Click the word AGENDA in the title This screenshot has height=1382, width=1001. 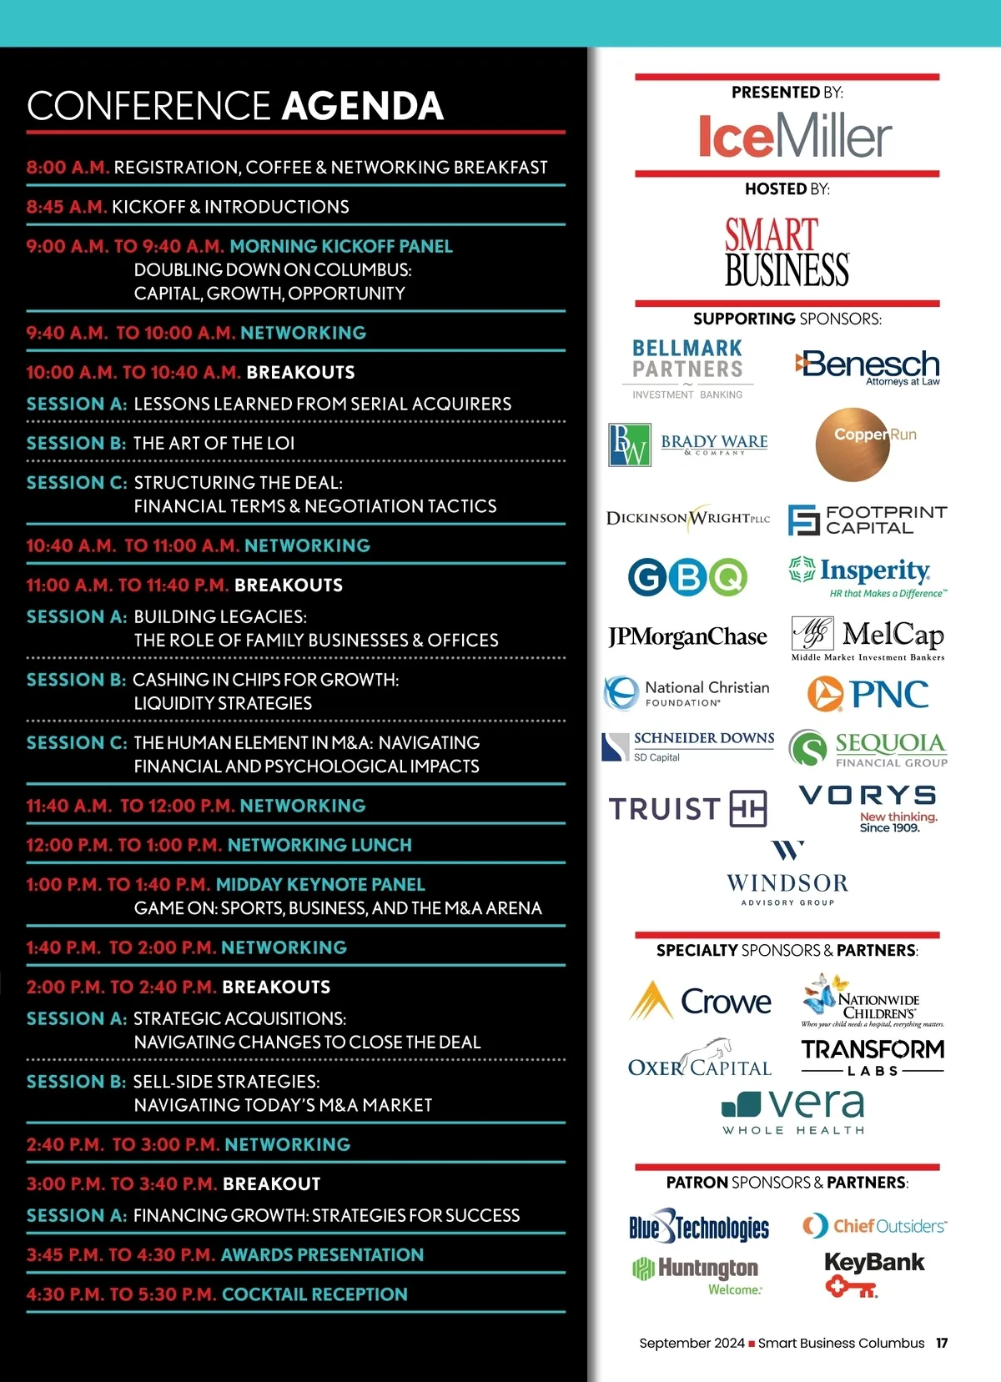click(x=363, y=106)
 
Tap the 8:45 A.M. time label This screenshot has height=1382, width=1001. click(x=67, y=207)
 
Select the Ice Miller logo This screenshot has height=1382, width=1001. click(x=795, y=136)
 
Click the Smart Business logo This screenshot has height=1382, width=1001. click(x=787, y=252)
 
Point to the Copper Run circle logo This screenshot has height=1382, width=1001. click(x=853, y=445)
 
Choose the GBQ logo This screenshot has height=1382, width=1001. click(x=687, y=577)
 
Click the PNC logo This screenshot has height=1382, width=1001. click(x=868, y=694)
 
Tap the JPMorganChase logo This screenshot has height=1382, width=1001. click(x=687, y=637)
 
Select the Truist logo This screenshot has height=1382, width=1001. click(x=687, y=808)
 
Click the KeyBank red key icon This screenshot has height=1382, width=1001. click(x=851, y=1289)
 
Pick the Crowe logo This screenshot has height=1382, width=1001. click(x=701, y=1001)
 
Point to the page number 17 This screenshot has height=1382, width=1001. click(x=942, y=1343)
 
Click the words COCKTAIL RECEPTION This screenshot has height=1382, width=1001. click(x=314, y=1294)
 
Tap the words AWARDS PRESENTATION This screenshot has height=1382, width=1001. click(x=322, y=1254)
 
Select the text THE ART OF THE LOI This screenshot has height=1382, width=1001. click(x=214, y=443)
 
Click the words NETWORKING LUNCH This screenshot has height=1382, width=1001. click(x=319, y=845)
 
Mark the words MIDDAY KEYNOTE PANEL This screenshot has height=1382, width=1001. click(x=320, y=884)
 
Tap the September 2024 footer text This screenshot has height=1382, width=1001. click(x=692, y=1343)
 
